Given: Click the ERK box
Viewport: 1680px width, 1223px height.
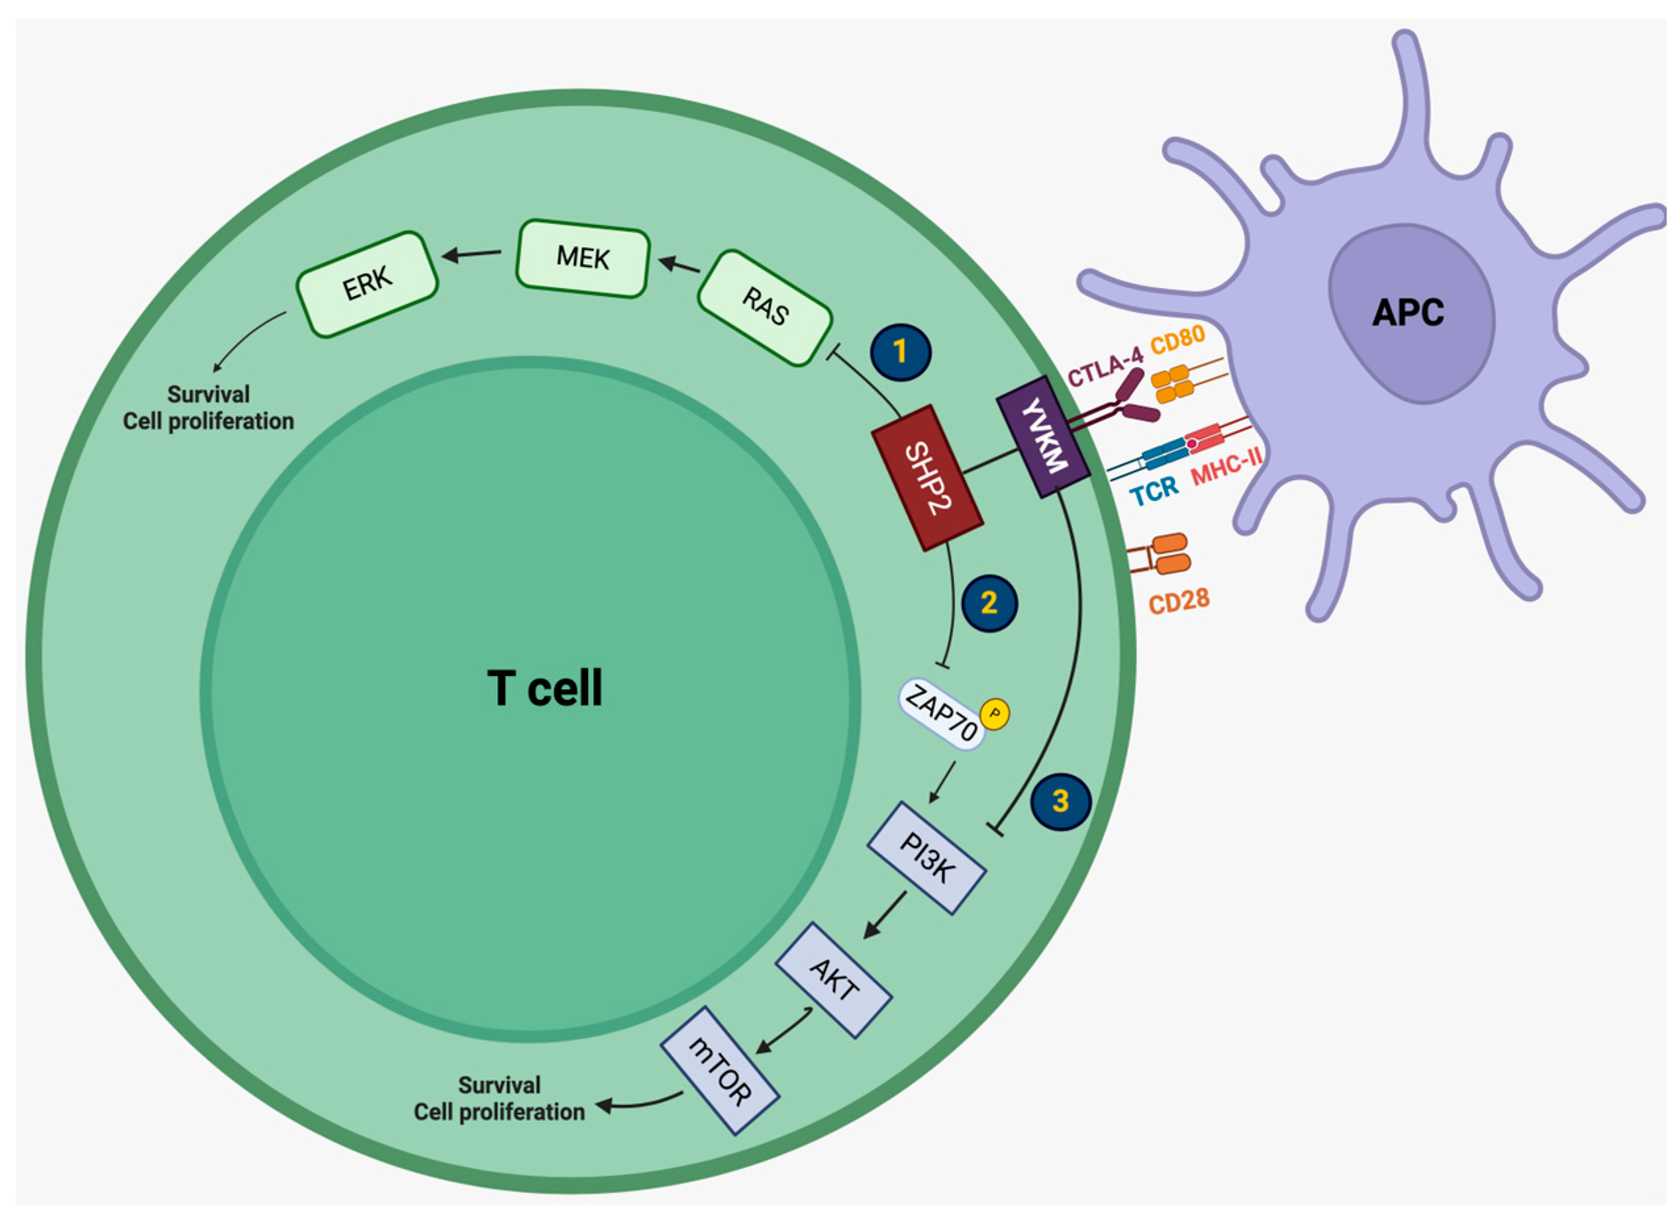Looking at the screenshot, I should [x=368, y=283].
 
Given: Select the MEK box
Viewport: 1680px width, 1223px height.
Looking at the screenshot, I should [x=583, y=258].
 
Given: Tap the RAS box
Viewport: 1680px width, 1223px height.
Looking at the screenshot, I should [x=765, y=308].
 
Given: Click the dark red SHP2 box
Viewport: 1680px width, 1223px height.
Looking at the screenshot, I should [x=927, y=478].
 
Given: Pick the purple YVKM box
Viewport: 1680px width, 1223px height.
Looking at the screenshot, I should [x=1043, y=437].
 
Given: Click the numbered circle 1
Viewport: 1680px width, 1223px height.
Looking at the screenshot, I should [x=901, y=352].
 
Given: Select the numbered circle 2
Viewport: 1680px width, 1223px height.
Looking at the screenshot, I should [x=990, y=603].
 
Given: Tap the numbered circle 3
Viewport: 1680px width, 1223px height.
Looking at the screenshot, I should [x=1061, y=802].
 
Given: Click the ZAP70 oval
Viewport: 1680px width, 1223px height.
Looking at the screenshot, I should [x=942, y=713].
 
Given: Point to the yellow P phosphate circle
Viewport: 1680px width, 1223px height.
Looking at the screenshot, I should [x=995, y=714].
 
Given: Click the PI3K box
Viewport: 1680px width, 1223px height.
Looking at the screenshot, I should [x=926, y=858].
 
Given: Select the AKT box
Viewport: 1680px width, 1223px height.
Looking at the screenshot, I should [x=833, y=979].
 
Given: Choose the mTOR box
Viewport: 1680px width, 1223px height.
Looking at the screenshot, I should [x=719, y=1070].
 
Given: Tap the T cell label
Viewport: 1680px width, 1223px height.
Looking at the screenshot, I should [x=544, y=688].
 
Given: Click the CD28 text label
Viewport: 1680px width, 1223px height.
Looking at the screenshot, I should [x=1178, y=601].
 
